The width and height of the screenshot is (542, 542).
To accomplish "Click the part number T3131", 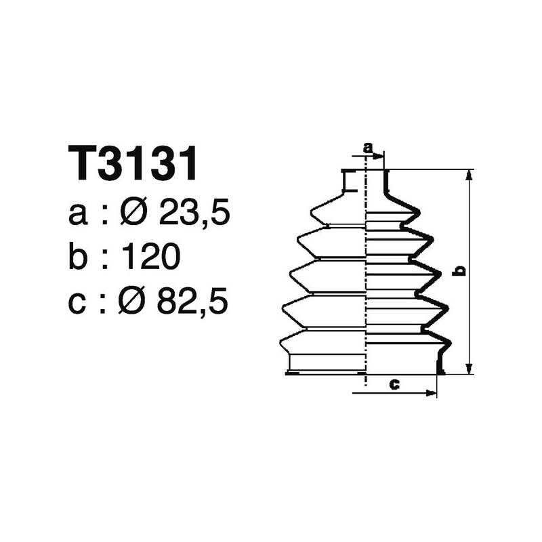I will (133, 164).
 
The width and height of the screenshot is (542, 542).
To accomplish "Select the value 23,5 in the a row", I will (194, 215).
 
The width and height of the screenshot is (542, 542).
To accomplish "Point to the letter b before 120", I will (79, 257).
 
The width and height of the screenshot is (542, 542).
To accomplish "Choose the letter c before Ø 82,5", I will (78, 303).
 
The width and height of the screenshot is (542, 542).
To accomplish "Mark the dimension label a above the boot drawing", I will (369, 147).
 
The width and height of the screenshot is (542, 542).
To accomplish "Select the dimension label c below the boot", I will (394, 385).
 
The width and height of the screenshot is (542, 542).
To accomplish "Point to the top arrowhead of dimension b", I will (468, 175).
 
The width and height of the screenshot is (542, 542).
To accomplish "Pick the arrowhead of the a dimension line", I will (380, 156).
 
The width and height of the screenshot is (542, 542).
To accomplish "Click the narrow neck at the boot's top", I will (364, 181).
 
